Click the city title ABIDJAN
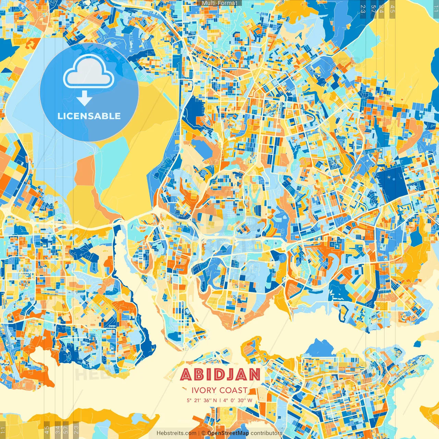[220, 375]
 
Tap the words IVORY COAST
[219, 390]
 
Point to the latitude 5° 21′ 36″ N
[202, 400]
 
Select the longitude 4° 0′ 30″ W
[238, 400]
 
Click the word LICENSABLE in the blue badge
[89, 116]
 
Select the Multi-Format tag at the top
[219, 3]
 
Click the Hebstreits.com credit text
[176, 433]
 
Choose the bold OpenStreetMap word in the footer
[228, 433]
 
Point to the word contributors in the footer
[266, 433]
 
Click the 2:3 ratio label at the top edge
[363, 9]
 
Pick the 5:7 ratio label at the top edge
[373, 9]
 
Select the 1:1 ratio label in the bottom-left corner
[3, 430]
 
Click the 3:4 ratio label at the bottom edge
[57, 430]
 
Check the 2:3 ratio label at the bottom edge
[76, 430]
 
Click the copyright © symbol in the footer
[203, 433]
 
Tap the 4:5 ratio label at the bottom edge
[47, 430]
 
